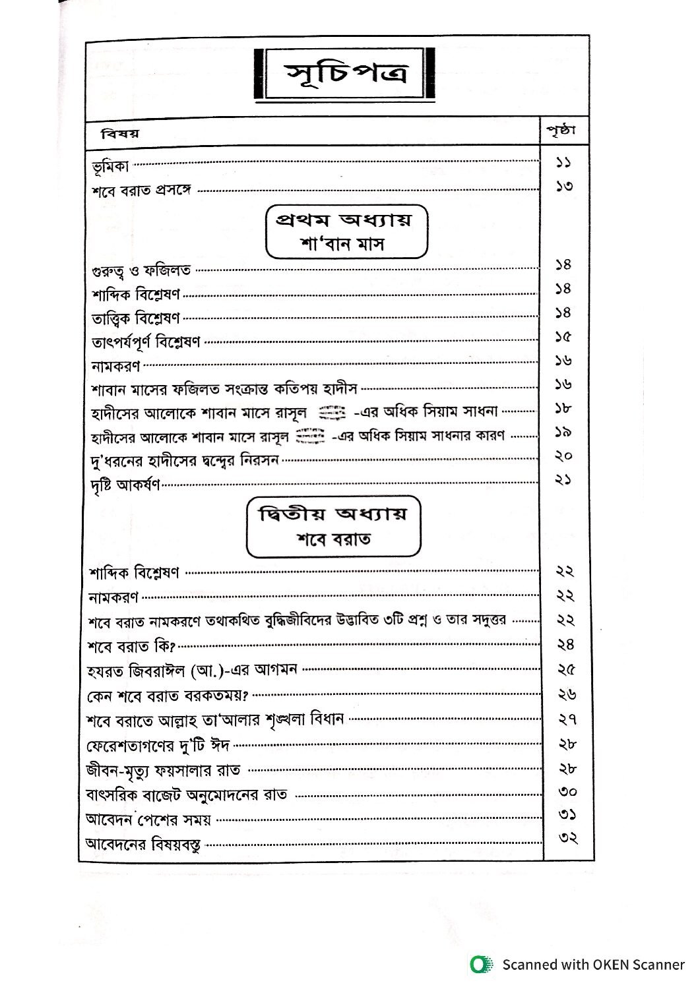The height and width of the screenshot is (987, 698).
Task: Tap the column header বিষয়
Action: tap(121, 134)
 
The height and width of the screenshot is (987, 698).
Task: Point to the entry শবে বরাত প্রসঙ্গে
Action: tap(141, 191)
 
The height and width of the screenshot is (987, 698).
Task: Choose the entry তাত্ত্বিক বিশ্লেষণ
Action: tap(136, 318)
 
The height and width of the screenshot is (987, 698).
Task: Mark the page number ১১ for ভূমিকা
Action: tap(563, 162)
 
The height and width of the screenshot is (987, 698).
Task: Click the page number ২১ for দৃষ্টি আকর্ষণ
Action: tap(563, 480)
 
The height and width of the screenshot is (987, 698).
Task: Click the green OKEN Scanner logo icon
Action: tap(482, 965)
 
